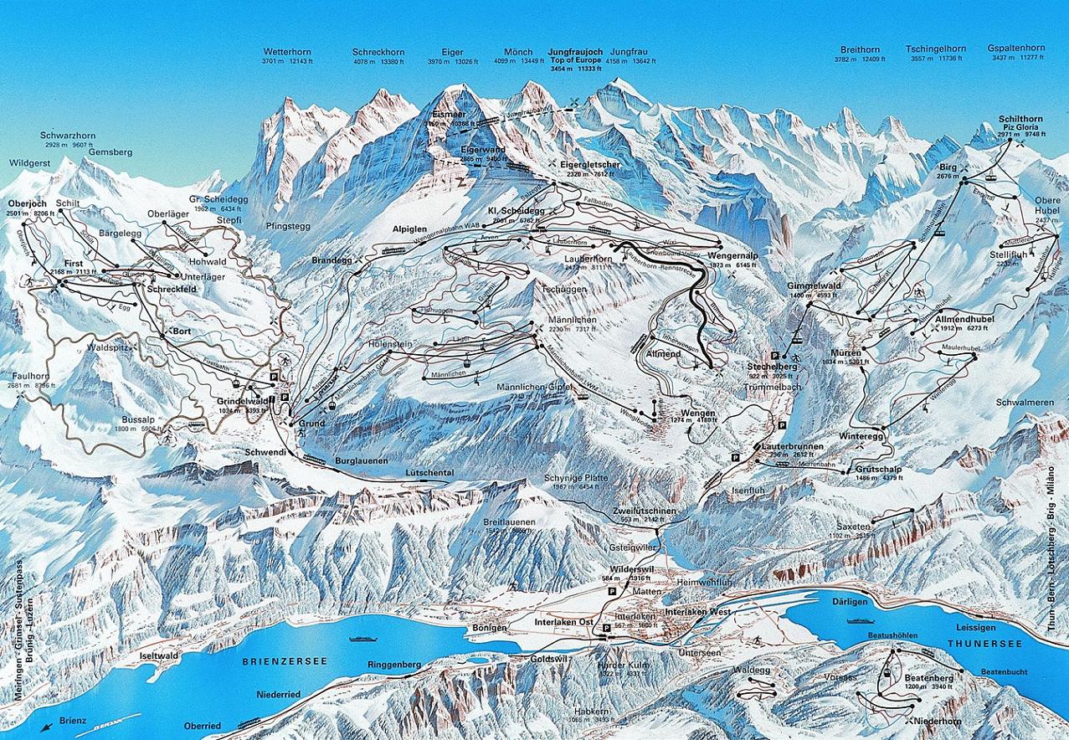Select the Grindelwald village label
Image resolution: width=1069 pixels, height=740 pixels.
(x=242, y=401)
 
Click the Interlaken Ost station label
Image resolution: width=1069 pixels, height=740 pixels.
(x=564, y=622)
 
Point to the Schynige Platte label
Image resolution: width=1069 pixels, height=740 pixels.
(x=576, y=477)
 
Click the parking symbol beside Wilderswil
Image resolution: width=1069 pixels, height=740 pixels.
(x=611, y=590)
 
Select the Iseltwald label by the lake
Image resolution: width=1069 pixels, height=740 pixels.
(x=159, y=656)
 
